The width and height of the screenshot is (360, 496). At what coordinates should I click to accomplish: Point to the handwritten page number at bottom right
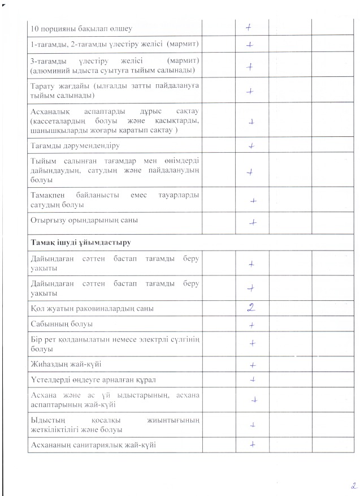tap(352, 485)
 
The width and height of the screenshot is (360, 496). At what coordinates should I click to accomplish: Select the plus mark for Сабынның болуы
tap(252, 325)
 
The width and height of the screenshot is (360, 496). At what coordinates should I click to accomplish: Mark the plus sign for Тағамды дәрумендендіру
tap(252, 145)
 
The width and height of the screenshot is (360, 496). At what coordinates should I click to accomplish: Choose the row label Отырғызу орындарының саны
tap(85, 220)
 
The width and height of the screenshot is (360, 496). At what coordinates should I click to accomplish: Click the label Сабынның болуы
tap(62, 324)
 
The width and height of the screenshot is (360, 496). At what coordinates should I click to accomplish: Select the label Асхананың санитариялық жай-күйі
tap(94, 445)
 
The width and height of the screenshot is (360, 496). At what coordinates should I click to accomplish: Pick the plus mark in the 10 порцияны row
tap(249, 27)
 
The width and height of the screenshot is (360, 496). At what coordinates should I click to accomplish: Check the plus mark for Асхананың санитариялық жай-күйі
tap(252, 444)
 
